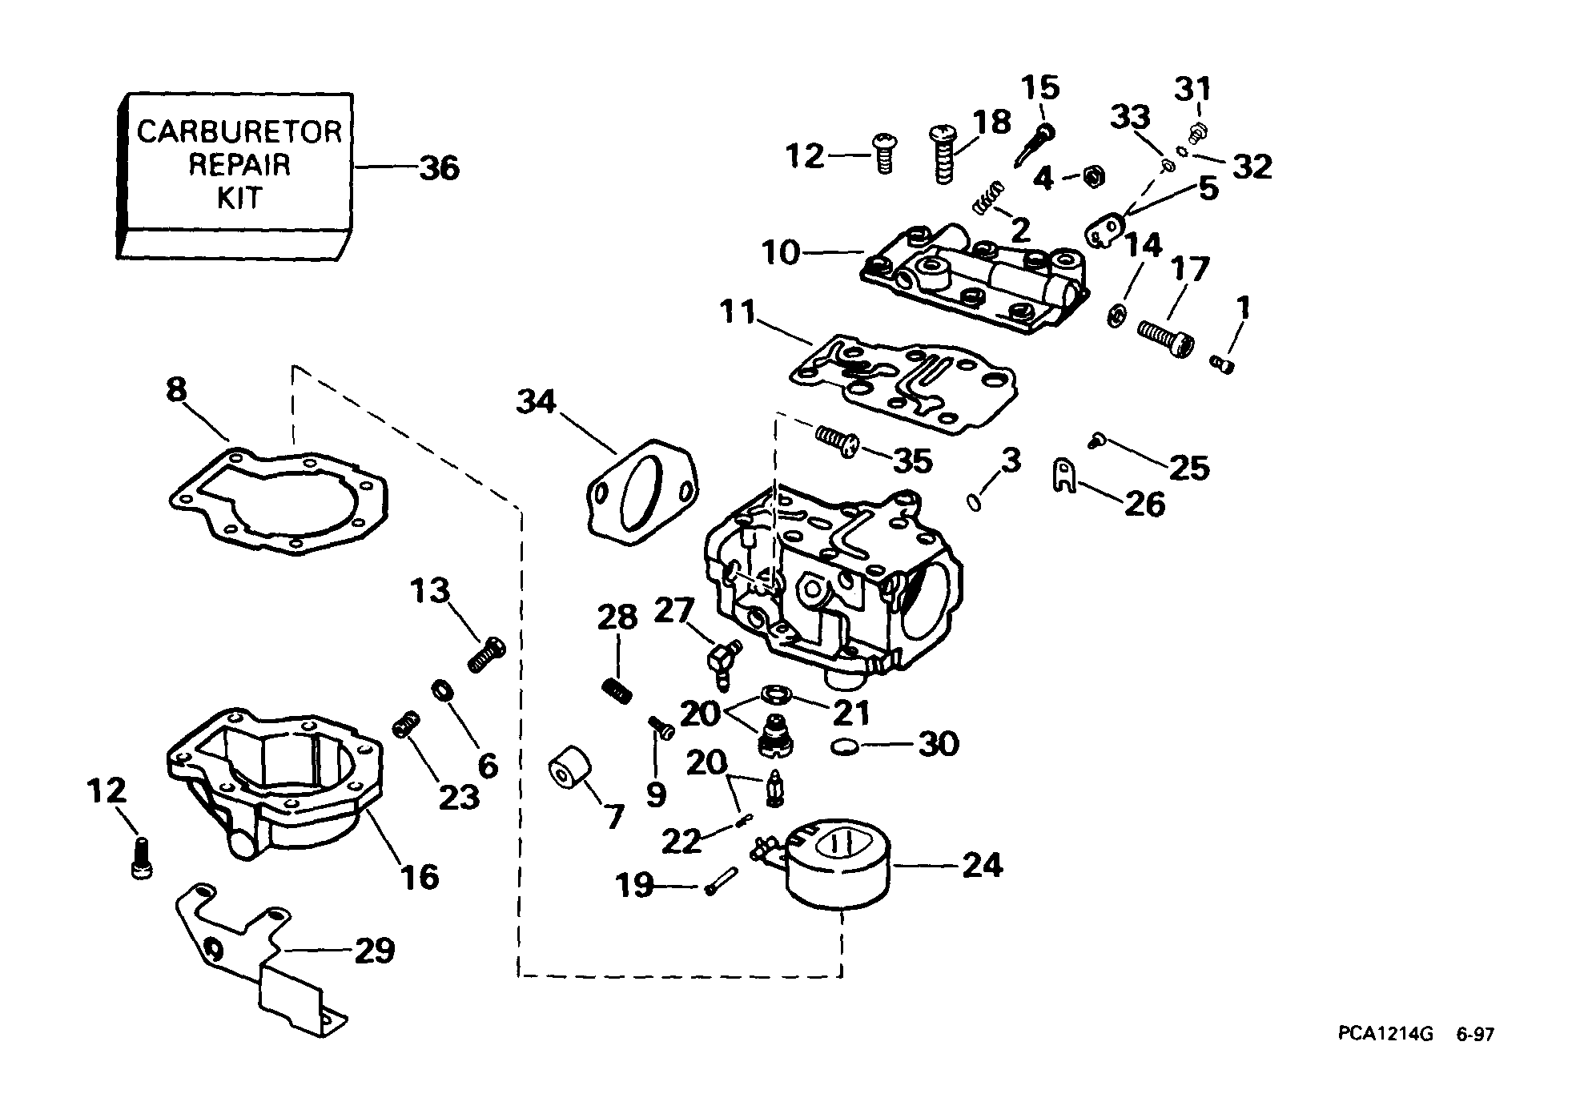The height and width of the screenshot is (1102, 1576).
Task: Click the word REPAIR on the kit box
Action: coord(239,164)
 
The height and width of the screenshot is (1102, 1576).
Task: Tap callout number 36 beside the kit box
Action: coord(440,168)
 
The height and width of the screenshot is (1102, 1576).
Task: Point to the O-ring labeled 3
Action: coord(974,502)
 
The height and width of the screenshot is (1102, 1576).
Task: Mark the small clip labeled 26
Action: coord(1063,477)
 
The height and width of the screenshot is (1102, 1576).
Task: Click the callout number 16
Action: coord(419,876)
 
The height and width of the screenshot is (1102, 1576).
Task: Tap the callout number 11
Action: coord(737,312)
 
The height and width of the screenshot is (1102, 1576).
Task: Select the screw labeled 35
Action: coord(837,440)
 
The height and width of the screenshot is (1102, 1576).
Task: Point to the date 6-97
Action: coord(1475,1035)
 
